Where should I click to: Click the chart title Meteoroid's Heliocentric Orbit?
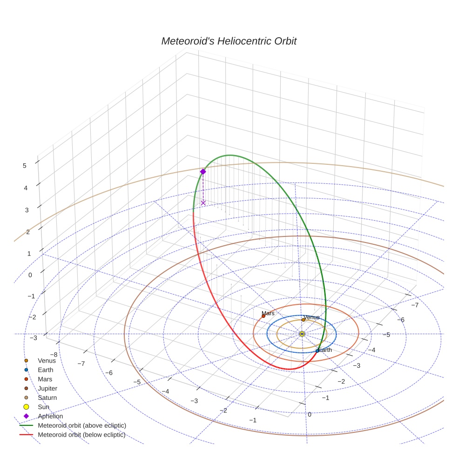click(x=229, y=41)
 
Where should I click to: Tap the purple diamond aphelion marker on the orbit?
click(x=203, y=172)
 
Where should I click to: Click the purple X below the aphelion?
click(x=203, y=203)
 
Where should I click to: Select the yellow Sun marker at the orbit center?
click(x=302, y=334)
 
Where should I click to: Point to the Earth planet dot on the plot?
click(x=317, y=351)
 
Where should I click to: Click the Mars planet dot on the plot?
click(x=263, y=316)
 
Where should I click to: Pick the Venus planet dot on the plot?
click(x=303, y=320)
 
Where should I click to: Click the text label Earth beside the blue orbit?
click(x=325, y=350)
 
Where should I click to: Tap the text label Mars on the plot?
click(x=268, y=313)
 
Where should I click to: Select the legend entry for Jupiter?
click(x=47, y=388)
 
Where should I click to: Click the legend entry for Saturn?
click(x=47, y=397)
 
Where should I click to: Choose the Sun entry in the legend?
click(x=44, y=407)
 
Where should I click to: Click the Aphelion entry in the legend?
click(x=50, y=416)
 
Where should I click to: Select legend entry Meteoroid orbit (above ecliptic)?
click(x=82, y=425)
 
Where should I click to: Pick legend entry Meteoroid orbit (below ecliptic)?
click(x=81, y=435)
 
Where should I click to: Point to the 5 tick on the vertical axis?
click(x=24, y=165)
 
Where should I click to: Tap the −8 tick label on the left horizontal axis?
click(x=54, y=354)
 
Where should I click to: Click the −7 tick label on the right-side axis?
click(x=415, y=305)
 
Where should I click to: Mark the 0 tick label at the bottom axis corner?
click(x=310, y=414)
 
